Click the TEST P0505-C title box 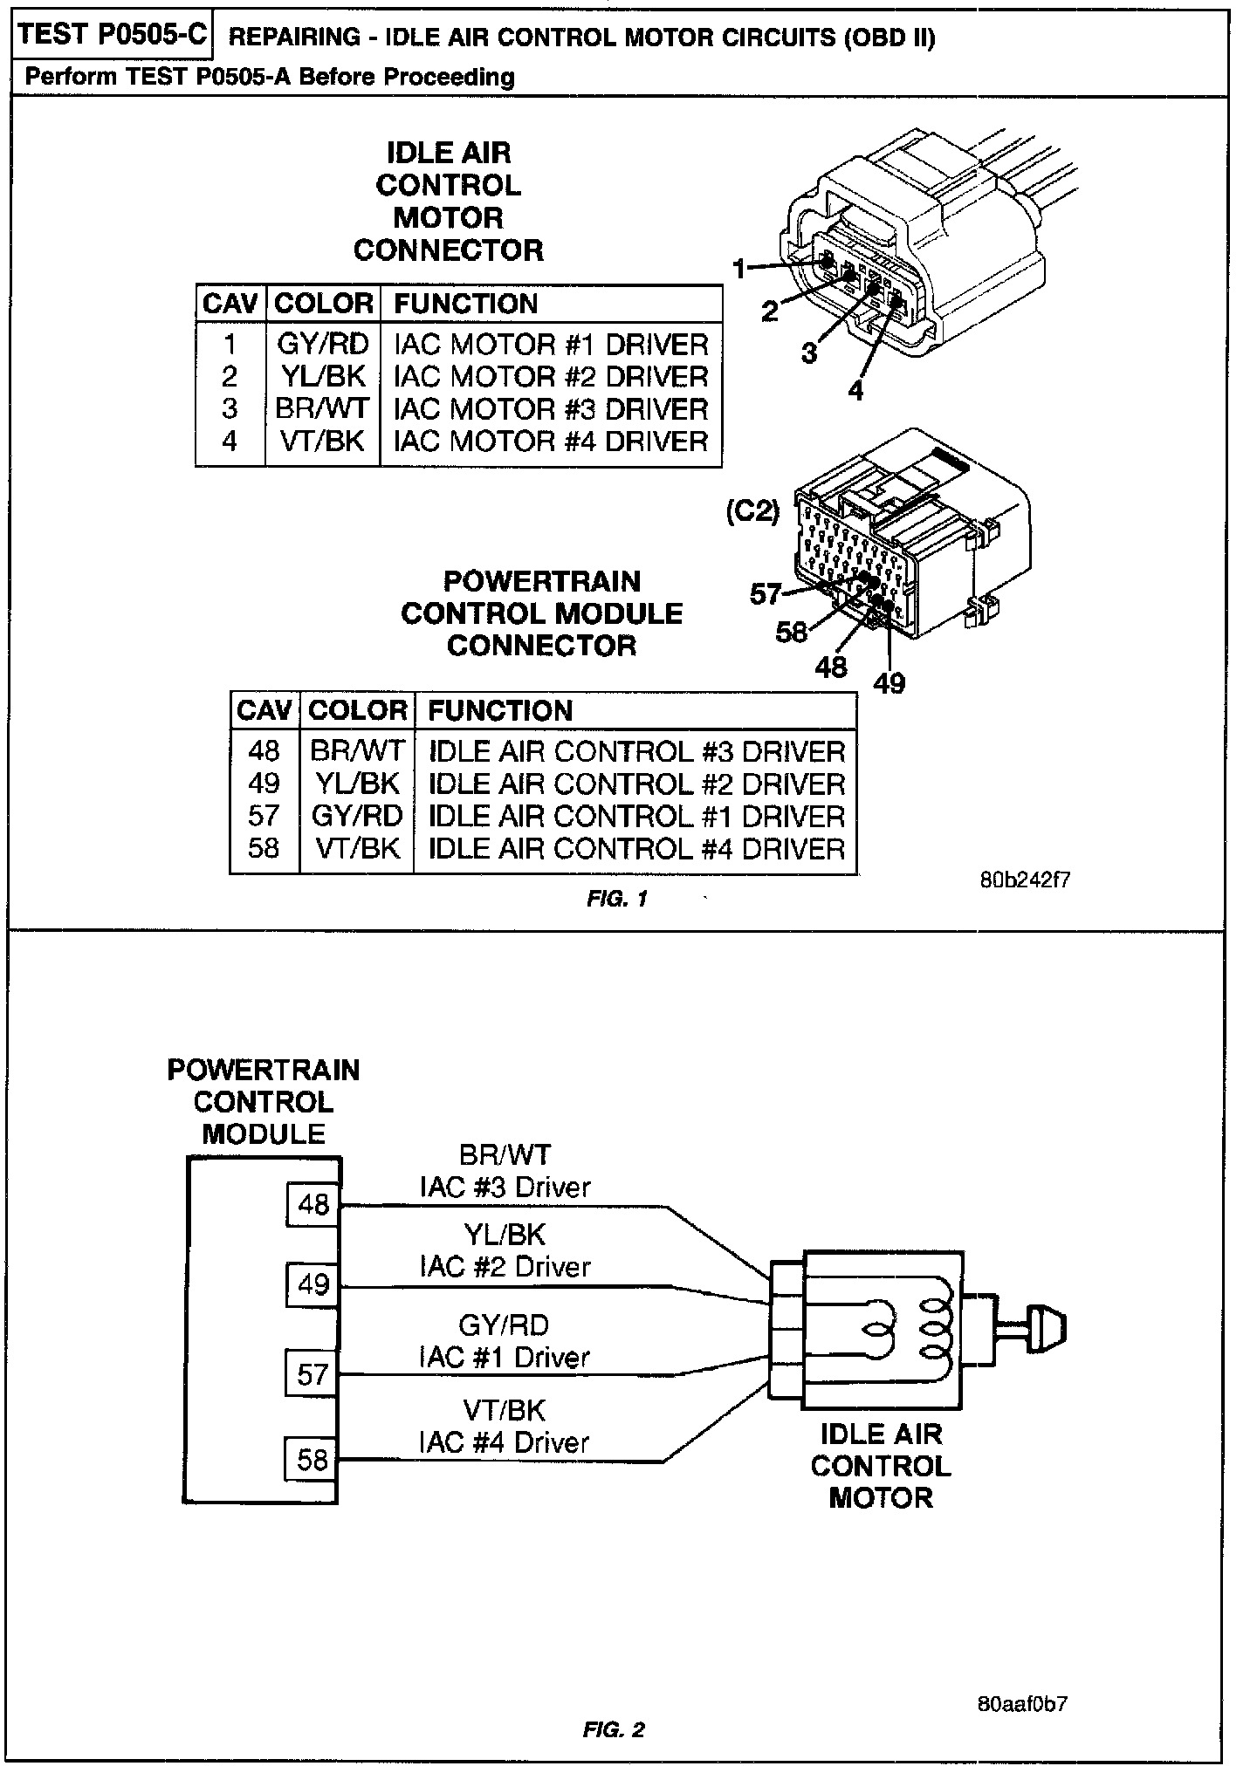pyautogui.click(x=111, y=35)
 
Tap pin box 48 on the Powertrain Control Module pyautogui.click(x=313, y=1205)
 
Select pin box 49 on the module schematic pyautogui.click(x=313, y=1284)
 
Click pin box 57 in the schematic pyautogui.click(x=313, y=1376)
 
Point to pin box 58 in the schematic pyautogui.click(x=313, y=1460)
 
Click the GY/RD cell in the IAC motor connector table pyautogui.click(x=323, y=344)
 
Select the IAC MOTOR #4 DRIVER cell pyautogui.click(x=551, y=441)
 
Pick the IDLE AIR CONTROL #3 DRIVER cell pyautogui.click(x=636, y=751)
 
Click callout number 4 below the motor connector pyautogui.click(x=855, y=390)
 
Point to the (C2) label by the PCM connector pyautogui.click(x=752, y=511)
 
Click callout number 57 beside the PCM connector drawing pyautogui.click(x=766, y=594)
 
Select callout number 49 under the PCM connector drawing pyautogui.click(x=890, y=683)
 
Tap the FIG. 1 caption pyautogui.click(x=617, y=899)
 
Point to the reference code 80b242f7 pyautogui.click(x=1025, y=879)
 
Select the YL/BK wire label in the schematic pyautogui.click(x=505, y=1235)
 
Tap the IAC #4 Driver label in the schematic pyautogui.click(x=505, y=1442)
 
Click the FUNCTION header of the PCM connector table pyautogui.click(x=500, y=710)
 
